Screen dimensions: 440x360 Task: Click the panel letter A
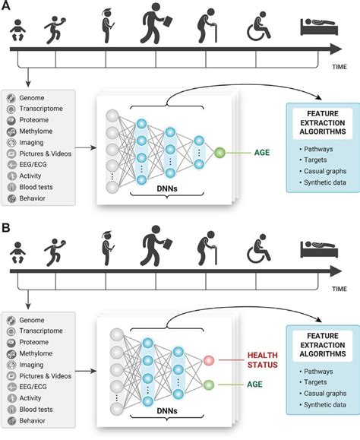click(8, 7)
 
